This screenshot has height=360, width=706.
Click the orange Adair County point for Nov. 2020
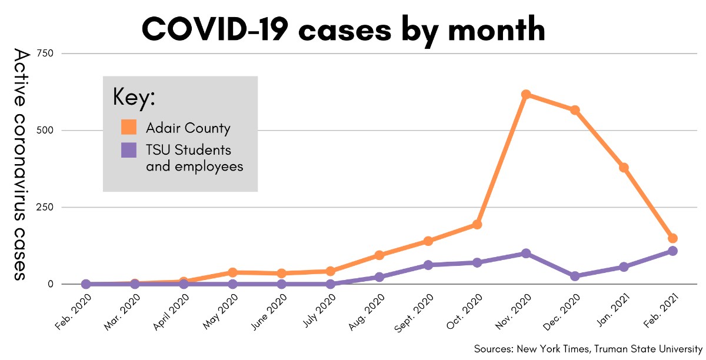coord(526,95)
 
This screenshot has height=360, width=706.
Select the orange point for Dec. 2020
coord(575,110)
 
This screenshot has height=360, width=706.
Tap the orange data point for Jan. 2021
coord(624,168)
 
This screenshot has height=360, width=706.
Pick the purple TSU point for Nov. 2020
coord(526,254)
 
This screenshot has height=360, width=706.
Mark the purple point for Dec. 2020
coord(575,276)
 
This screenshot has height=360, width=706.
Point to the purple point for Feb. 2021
coord(672,251)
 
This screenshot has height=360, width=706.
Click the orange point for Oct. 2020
coord(477,225)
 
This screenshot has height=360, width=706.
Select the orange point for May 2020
coord(232,272)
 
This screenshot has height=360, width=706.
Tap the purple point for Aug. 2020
coord(379,277)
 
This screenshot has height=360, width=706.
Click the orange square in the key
coord(129,127)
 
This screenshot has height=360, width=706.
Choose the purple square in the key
coord(129,150)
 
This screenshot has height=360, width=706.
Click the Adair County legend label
coord(188,128)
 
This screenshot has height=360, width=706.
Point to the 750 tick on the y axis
coord(45,54)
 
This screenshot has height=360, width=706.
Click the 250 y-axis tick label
coord(45,207)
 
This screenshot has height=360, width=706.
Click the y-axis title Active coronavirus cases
coord(21,164)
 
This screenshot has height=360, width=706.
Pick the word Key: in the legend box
coord(134,97)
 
